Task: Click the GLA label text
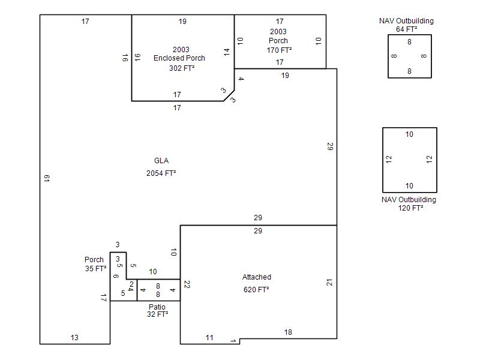(x=161, y=161)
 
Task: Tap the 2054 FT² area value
(x=161, y=173)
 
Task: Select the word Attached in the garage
(x=257, y=277)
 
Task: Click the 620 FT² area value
(x=257, y=290)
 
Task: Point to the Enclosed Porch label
(x=179, y=58)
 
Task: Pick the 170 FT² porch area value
(x=279, y=50)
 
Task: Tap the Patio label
(x=157, y=307)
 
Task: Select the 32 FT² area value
(x=157, y=314)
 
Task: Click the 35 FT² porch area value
(x=96, y=269)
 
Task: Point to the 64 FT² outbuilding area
(x=406, y=29)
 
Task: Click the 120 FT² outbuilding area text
(x=410, y=208)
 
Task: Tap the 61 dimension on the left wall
(x=46, y=178)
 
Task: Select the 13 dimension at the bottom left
(x=74, y=338)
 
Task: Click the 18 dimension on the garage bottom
(x=288, y=332)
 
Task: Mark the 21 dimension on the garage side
(x=329, y=282)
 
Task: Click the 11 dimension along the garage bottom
(x=209, y=338)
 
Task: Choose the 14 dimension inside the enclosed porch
(x=227, y=52)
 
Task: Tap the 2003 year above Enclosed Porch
(x=181, y=50)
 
